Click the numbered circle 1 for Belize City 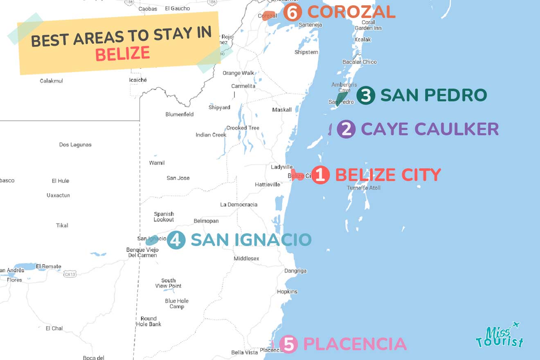[x=320, y=175]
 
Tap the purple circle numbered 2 [x=346, y=129]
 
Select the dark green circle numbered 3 [x=366, y=95]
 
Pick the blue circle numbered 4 [x=176, y=240]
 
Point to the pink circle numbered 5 [x=289, y=344]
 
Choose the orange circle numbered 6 [x=292, y=12]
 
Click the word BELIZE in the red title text [x=122, y=54]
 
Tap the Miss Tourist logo [x=500, y=336]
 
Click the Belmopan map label [x=206, y=221]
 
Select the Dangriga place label [x=295, y=271]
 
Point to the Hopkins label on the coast [x=287, y=292]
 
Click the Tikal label [x=62, y=225]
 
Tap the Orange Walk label [x=239, y=73]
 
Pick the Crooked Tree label [x=243, y=128]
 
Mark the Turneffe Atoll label [x=364, y=188]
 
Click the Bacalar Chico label [x=360, y=62]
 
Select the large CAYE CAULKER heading [x=430, y=129]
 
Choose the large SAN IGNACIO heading [x=251, y=240]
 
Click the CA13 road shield [x=70, y=274]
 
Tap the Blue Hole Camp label [x=177, y=304]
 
